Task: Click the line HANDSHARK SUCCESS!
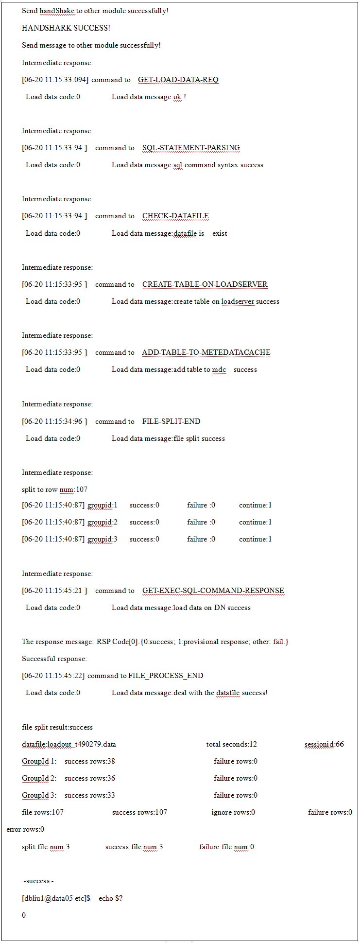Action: pyautogui.click(x=66, y=28)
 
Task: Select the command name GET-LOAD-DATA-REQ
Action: pyautogui.click(x=178, y=80)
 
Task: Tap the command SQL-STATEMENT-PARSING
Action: pyautogui.click(x=191, y=148)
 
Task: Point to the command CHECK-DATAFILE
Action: pyautogui.click(x=175, y=216)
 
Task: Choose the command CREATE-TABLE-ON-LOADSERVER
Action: pyautogui.click(x=205, y=284)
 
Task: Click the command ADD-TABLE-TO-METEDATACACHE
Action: pyautogui.click(x=206, y=352)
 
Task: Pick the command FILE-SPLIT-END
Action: pyautogui.click(x=171, y=421)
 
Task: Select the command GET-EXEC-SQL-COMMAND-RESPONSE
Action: pyautogui.click(x=213, y=591)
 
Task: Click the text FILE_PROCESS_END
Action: pyautogui.click(x=166, y=676)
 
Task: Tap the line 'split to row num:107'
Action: pyautogui.click(x=54, y=489)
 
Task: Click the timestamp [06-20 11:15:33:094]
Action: pyautogui.click(x=55, y=80)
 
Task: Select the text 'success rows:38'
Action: pyautogui.click(x=90, y=761)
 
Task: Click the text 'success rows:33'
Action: pyautogui.click(x=90, y=795)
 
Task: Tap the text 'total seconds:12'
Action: pyautogui.click(x=231, y=744)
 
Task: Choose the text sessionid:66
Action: pyautogui.click(x=324, y=744)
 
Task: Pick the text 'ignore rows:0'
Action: pyautogui.click(x=233, y=812)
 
